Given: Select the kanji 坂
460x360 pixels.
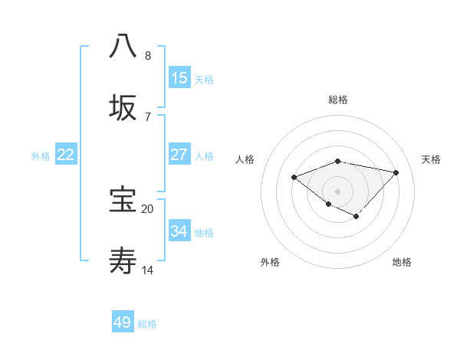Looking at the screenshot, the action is pos(123,108).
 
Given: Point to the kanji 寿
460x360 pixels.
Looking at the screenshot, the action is pos(123,261).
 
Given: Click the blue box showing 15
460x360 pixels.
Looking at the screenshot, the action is pos(179,78).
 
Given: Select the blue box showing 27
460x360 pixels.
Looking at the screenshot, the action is pos(179,155).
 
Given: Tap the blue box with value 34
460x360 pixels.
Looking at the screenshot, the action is pos(179,231).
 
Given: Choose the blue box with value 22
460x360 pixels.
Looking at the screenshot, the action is pos(66,155).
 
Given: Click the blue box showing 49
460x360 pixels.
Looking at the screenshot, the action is pos(123,322).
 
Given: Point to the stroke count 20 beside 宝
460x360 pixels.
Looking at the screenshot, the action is pos(147,208).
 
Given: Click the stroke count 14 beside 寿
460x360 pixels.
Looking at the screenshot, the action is pos(147,270).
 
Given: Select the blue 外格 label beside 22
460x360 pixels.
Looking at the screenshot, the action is pos(41,156).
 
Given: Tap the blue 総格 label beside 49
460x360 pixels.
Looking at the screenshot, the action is pos(147,324).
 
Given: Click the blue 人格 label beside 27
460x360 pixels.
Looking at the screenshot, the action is pos(204,156).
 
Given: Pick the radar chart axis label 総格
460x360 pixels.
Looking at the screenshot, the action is pos(338,100).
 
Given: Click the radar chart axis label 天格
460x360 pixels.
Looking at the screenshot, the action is pos(431,159).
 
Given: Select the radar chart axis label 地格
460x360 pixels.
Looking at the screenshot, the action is pos(402,262).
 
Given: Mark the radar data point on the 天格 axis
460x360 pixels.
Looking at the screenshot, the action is pos(396,172).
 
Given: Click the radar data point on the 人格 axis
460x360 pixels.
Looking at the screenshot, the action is pos(294,178).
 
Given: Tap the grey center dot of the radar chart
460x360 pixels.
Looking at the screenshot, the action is pos(338,191).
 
